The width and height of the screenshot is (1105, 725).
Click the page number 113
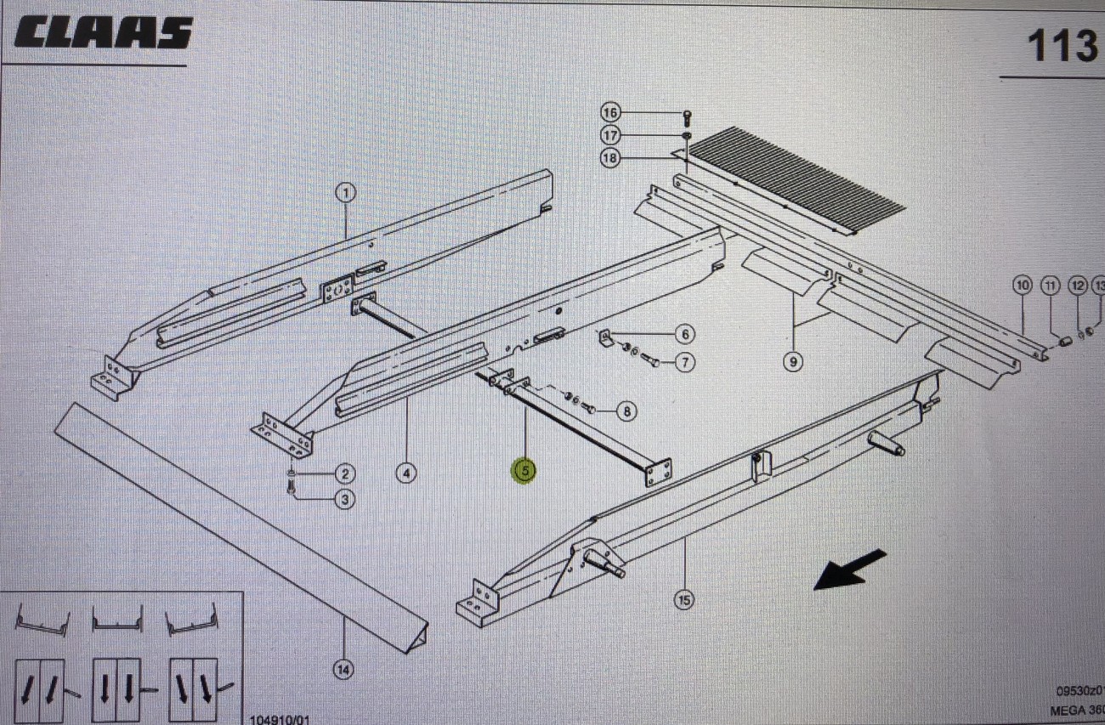(x=1062, y=46)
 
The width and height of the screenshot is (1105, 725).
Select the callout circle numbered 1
(x=345, y=194)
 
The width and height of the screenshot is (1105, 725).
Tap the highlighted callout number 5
(x=524, y=470)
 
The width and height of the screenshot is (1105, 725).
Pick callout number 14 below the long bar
(x=343, y=670)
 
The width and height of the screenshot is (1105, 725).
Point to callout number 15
(x=683, y=600)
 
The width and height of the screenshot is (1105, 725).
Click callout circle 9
(x=792, y=362)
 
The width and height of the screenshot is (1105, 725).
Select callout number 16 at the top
(x=611, y=113)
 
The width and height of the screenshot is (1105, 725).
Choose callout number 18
(x=611, y=157)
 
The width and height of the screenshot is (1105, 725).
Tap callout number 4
(x=407, y=473)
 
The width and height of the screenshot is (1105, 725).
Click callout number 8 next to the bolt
(x=626, y=412)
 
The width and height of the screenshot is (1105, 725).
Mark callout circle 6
(x=684, y=334)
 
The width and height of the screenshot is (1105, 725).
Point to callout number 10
(x=1022, y=286)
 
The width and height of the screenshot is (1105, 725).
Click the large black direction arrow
(x=850, y=569)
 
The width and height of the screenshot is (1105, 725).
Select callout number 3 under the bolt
(x=344, y=499)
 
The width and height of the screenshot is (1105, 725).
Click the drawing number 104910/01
(x=280, y=719)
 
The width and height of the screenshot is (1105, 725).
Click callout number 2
(x=344, y=473)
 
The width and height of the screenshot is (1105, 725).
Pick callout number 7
(x=684, y=363)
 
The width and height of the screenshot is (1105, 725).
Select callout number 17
(x=611, y=135)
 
